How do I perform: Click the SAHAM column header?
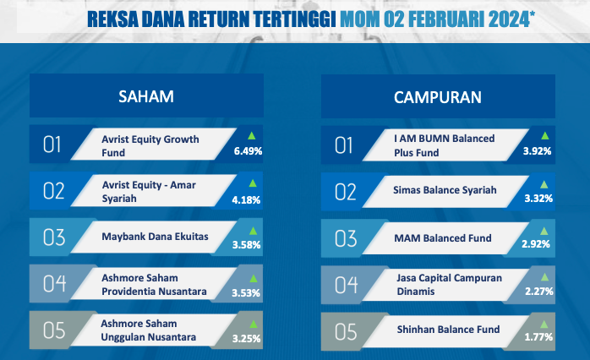(x=146, y=96)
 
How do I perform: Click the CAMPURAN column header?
(x=438, y=97)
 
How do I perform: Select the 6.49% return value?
(x=248, y=151)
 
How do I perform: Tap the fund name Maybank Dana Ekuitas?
(x=155, y=237)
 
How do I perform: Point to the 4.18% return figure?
(x=246, y=199)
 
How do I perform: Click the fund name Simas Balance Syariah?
(x=445, y=190)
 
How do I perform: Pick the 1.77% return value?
(x=538, y=336)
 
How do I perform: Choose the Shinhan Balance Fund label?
(x=448, y=330)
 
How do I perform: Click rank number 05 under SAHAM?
(x=54, y=330)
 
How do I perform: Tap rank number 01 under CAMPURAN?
(x=343, y=145)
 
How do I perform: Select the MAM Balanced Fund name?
(x=443, y=238)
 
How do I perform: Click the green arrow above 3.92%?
(x=545, y=136)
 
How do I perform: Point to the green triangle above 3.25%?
(x=254, y=324)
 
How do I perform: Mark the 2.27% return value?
(x=539, y=292)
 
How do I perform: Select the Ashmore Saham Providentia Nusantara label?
(x=155, y=285)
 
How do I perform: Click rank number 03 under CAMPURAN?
(x=346, y=238)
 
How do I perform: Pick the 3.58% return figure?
(x=247, y=245)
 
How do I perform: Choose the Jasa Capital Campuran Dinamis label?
(x=450, y=285)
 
